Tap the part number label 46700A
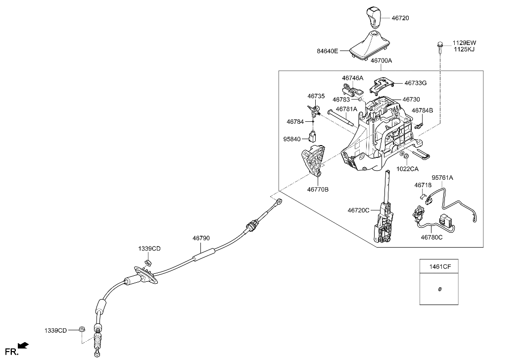pyautogui.click(x=381, y=61)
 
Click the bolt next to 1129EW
pyautogui.click(x=439, y=46)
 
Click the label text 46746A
pyautogui.click(x=352, y=78)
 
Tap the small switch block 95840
pyautogui.click(x=313, y=136)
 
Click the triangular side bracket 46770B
pyautogui.click(x=313, y=161)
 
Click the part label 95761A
pyautogui.click(x=442, y=177)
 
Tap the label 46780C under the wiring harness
pyautogui.click(x=431, y=237)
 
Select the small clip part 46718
pyautogui.click(x=422, y=195)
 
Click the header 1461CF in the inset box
pyautogui.click(x=439, y=266)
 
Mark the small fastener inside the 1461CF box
pyautogui.click(x=439, y=289)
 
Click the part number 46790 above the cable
pyautogui.click(x=201, y=238)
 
